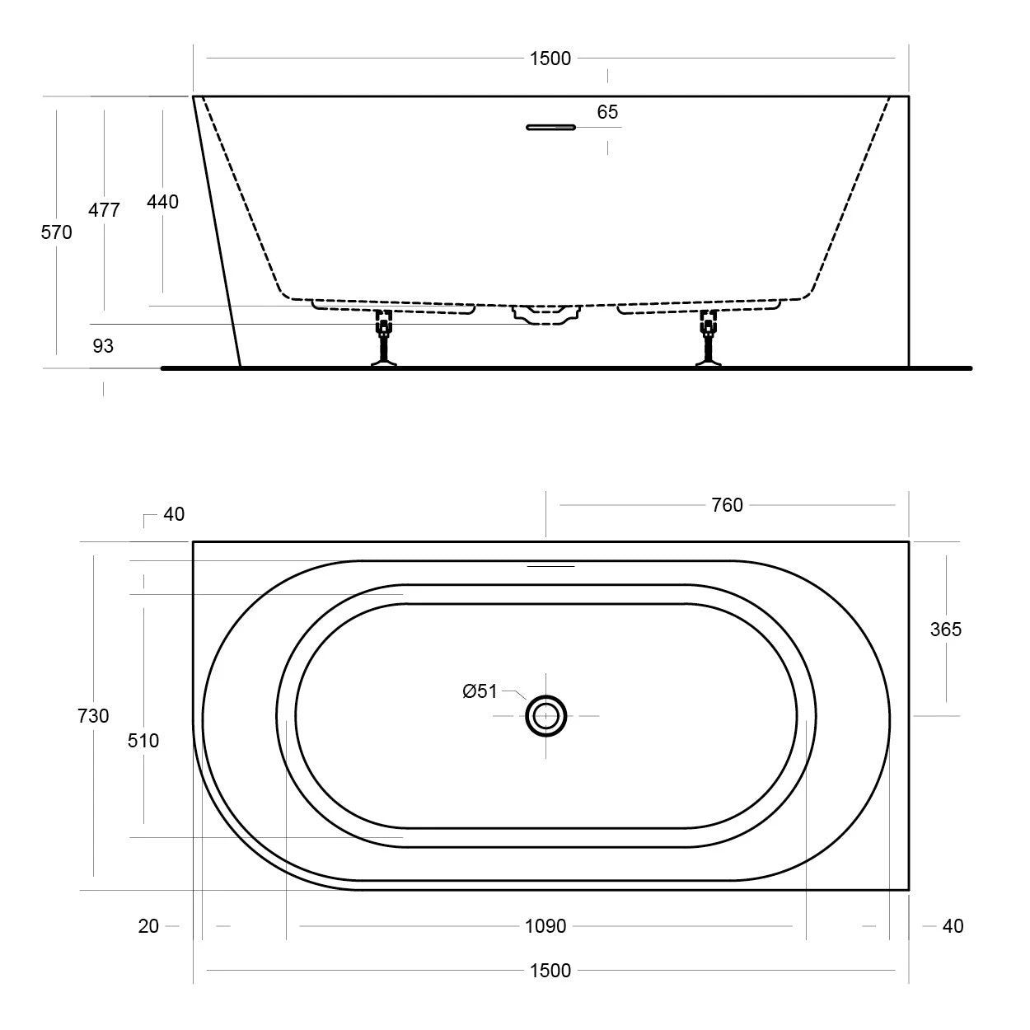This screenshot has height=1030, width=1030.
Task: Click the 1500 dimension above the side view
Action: [550, 59]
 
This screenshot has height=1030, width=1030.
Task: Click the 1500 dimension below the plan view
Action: [550, 971]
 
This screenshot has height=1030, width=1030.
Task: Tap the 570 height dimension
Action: [57, 232]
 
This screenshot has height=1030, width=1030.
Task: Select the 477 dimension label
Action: [105, 210]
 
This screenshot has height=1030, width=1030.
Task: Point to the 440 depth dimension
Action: [162, 202]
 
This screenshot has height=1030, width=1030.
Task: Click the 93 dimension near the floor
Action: [103, 346]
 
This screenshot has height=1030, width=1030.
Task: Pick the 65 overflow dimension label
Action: [607, 112]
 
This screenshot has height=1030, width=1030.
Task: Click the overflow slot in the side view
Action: [550, 127]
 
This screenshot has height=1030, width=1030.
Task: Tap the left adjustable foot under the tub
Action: [384, 338]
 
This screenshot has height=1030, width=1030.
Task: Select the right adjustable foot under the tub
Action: [708, 338]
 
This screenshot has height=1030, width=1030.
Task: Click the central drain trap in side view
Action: [546, 313]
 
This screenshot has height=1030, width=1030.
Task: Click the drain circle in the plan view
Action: [546, 716]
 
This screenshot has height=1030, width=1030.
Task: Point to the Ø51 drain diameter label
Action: [480, 691]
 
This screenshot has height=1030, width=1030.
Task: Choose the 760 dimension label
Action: [727, 505]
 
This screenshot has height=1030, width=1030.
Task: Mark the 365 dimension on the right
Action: [945, 630]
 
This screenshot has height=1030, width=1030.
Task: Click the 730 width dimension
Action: [93, 716]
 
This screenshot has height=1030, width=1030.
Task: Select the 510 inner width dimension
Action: [143, 741]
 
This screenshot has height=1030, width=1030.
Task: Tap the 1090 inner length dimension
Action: [545, 926]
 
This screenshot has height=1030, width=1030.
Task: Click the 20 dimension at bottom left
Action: [148, 926]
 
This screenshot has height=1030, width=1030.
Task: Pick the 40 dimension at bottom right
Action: [953, 926]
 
